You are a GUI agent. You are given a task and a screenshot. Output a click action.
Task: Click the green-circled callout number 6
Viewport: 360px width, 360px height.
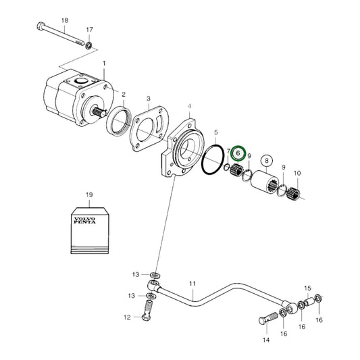click(238, 154)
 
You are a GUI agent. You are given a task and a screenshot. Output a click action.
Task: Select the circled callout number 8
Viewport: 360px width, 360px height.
click(267, 161)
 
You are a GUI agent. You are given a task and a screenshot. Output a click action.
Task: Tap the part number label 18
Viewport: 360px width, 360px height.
click(65, 21)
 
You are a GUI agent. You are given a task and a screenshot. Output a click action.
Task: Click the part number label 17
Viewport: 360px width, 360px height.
click(89, 30)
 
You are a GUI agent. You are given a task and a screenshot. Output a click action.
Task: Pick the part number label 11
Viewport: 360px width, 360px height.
click(192, 283)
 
